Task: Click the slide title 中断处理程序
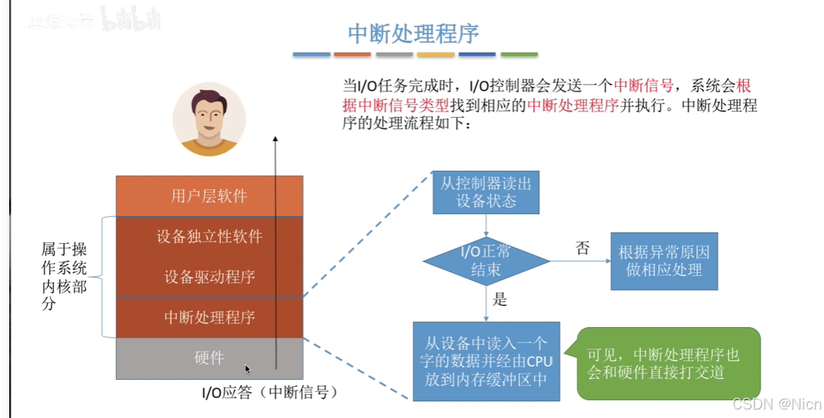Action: point(413,33)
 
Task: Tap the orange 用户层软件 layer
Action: point(209,195)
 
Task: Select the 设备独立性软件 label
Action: point(209,236)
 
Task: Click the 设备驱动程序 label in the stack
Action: point(209,276)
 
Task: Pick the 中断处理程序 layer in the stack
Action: point(209,317)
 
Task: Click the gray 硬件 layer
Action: point(209,358)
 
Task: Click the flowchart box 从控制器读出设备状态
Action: point(486,192)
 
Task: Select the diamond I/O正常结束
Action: point(486,261)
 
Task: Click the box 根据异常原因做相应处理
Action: point(663,261)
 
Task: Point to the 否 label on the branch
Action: point(582,248)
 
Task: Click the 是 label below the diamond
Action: point(499,300)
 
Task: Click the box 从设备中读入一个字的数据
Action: point(486,361)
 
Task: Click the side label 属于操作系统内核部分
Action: point(64,276)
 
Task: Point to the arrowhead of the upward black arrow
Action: point(275,140)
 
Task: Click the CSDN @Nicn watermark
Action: point(776,404)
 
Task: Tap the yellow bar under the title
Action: point(435,54)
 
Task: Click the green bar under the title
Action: point(518,54)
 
